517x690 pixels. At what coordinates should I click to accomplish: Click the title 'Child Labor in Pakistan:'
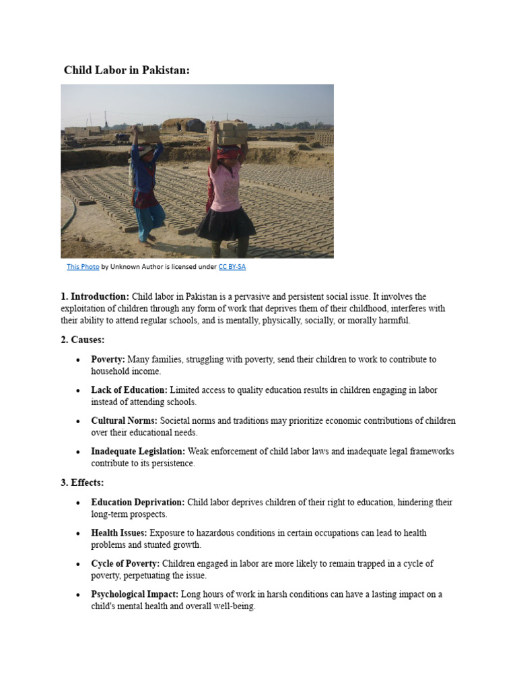pyautogui.click(x=127, y=70)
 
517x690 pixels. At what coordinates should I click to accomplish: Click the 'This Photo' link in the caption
pyautogui.click(x=83, y=267)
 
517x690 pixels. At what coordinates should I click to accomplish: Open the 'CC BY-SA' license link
pyautogui.click(x=232, y=267)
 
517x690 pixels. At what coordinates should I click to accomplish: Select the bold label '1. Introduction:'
pyautogui.click(x=95, y=296)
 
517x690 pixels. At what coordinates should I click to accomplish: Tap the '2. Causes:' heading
pyautogui.click(x=83, y=340)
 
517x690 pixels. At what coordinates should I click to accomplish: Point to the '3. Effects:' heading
pyautogui.click(x=82, y=482)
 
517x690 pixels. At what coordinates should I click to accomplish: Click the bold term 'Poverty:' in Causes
pyautogui.click(x=108, y=360)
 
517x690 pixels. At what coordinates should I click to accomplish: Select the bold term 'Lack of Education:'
pyautogui.click(x=129, y=390)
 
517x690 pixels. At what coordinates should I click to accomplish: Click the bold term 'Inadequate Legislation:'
pyautogui.click(x=138, y=451)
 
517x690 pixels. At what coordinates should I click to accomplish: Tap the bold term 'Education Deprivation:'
pyautogui.click(x=138, y=503)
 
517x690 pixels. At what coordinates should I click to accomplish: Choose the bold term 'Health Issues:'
pyautogui.click(x=119, y=533)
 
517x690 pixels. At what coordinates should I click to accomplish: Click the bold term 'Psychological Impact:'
pyautogui.click(x=135, y=594)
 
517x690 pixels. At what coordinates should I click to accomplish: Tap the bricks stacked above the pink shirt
pyautogui.click(x=231, y=132)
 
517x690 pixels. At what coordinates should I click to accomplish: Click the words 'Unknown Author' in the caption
pyautogui.click(x=134, y=267)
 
